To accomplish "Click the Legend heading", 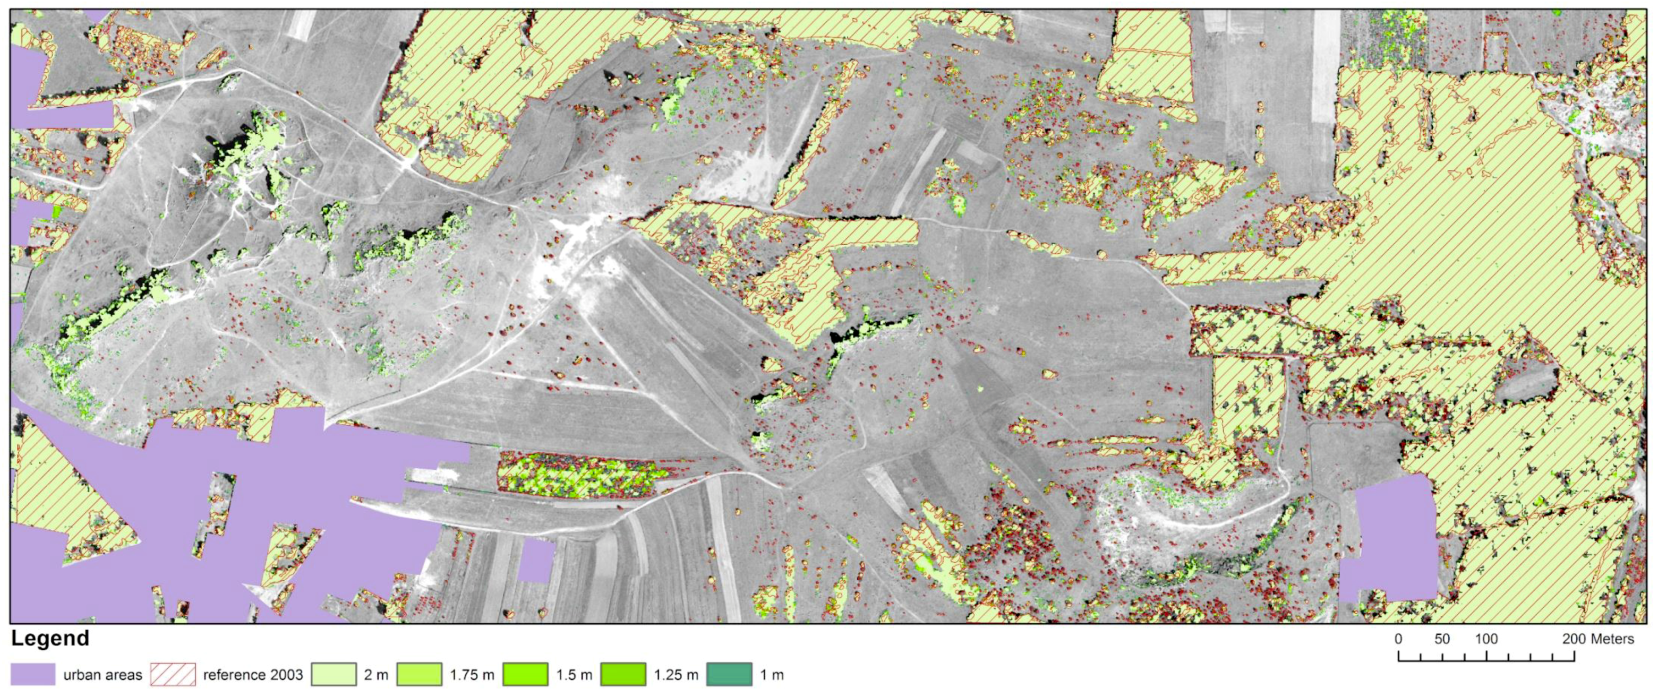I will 50,639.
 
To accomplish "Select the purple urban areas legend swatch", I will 33,675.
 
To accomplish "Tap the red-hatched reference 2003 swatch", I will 173,675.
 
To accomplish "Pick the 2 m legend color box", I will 334,675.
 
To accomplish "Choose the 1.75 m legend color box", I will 420,675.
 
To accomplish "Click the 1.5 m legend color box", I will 526,675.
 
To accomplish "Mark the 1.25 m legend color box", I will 623,675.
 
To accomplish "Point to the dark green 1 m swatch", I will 729,675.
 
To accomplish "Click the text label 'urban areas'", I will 102,675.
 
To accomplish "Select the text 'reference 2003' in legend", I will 253,675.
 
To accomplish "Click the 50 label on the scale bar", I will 1442,639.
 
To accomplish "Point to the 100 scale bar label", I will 1486,639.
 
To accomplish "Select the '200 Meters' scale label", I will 1597,639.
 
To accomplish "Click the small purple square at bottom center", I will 536,560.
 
